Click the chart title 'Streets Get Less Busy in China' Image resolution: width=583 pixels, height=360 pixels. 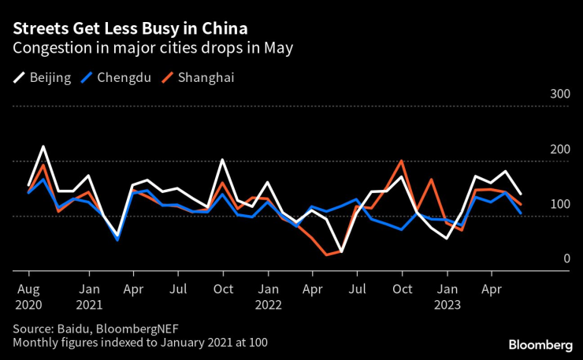pos(129,29)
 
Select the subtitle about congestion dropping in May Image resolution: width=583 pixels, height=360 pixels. pos(153,49)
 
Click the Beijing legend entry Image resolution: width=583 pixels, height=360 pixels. pos(43,77)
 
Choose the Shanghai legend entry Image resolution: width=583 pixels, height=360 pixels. pos(197,77)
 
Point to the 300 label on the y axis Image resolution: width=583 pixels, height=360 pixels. pos(559,95)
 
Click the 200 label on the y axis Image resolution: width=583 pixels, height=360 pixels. pos(559,150)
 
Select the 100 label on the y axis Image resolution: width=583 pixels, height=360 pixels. pos(559,204)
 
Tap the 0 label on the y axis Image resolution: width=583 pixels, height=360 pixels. pos(566,258)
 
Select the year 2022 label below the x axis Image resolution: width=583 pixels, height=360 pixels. pos(268,305)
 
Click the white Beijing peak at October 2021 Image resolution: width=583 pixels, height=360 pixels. pos(222,160)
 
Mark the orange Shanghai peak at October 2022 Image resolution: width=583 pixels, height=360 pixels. pos(402,161)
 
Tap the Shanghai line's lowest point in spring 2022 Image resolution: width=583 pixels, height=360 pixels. pos(326,254)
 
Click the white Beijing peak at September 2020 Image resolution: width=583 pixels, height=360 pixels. pos(43,147)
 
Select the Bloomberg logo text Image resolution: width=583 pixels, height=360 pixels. pos(540,344)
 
